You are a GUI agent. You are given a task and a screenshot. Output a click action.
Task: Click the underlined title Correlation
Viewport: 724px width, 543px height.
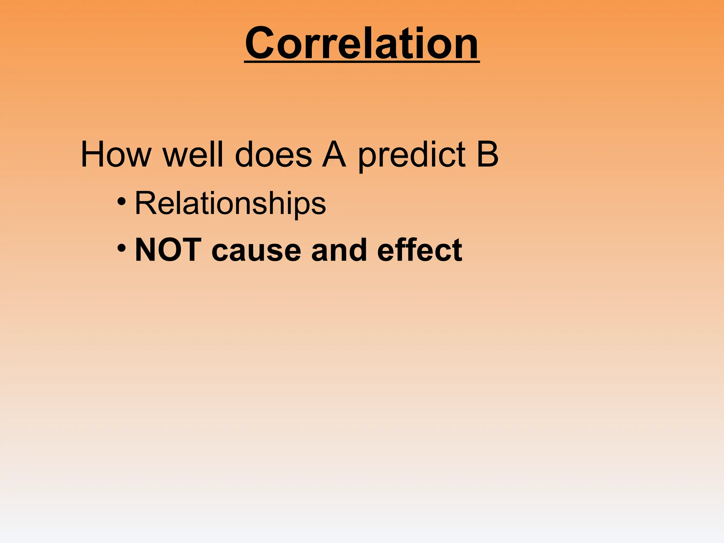(362, 44)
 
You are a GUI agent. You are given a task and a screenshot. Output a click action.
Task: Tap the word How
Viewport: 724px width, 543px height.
(116, 154)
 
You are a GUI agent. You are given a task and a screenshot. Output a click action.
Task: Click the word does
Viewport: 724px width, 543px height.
(273, 154)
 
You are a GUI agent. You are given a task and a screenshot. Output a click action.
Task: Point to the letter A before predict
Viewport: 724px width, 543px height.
(334, 154)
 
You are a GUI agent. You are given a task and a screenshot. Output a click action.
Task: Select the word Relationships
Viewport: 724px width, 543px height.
(230, 203)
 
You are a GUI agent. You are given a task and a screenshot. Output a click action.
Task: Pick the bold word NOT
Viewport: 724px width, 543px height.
(168, 250)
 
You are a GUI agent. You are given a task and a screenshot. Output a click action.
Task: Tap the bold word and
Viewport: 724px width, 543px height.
(339, 250)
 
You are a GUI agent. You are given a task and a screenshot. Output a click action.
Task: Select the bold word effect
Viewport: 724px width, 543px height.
(420, 250)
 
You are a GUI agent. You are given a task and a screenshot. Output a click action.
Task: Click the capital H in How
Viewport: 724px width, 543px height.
(93, 154)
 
